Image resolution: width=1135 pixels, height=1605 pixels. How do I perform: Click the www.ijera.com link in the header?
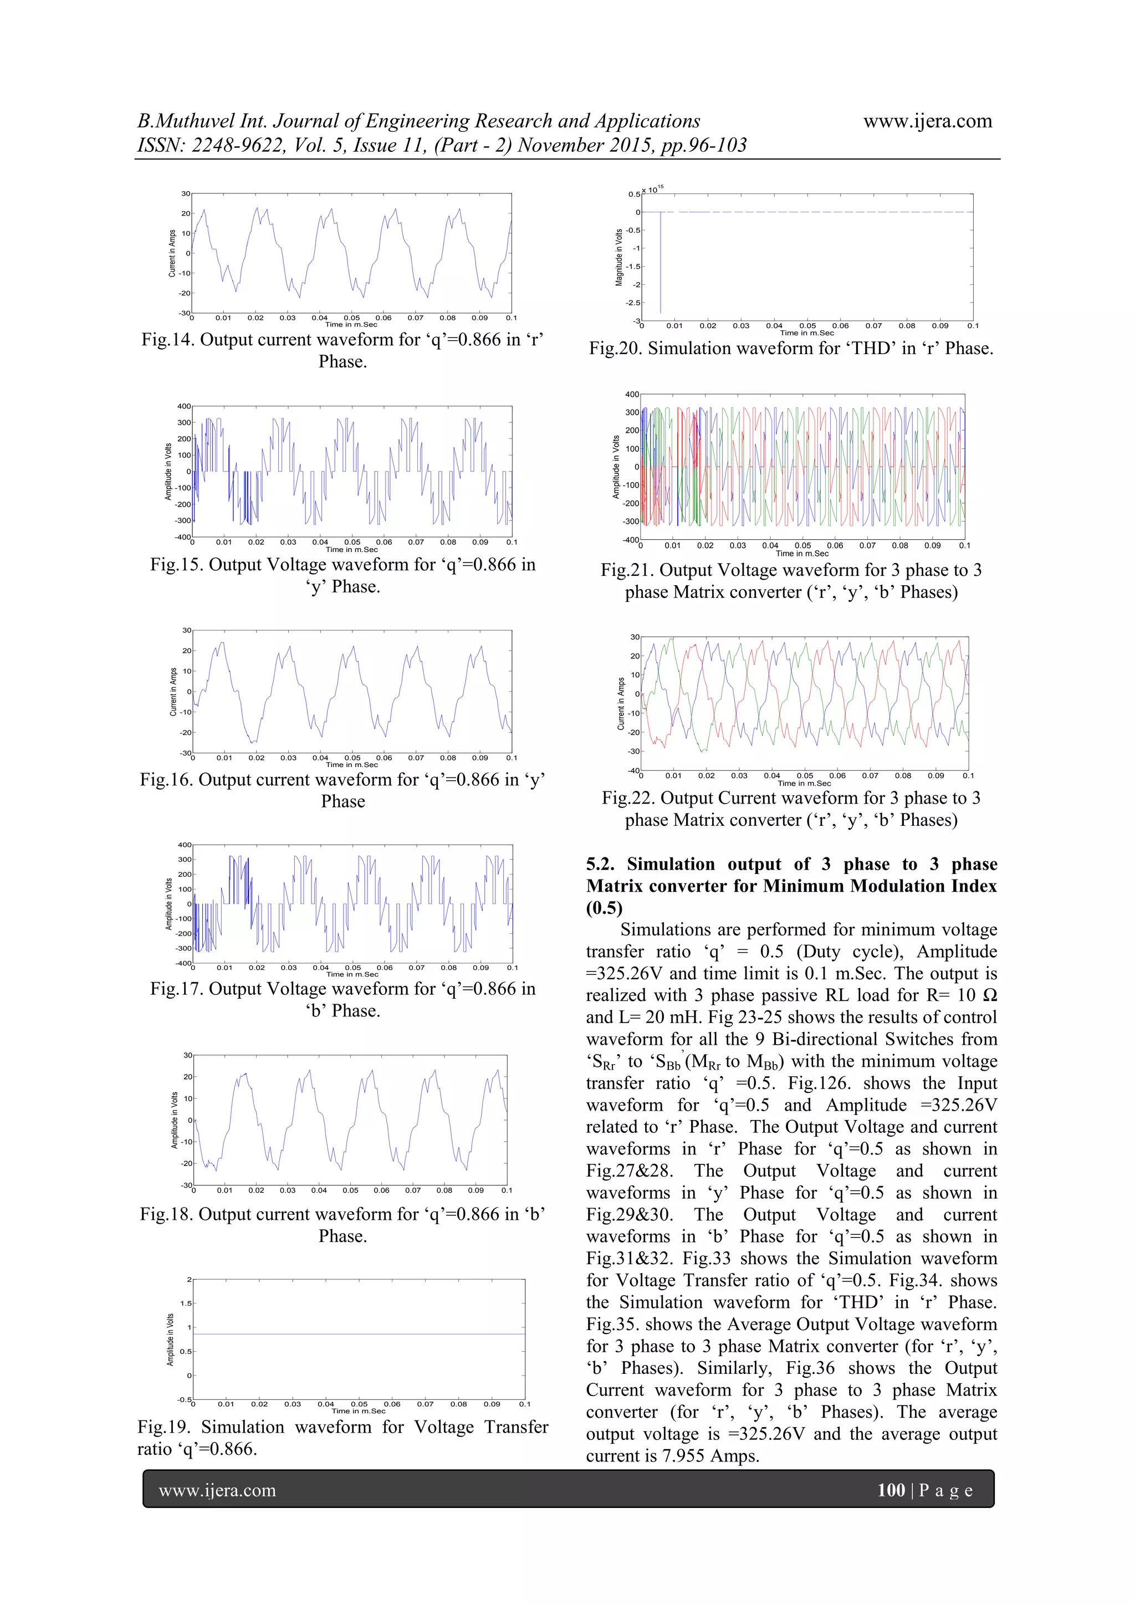click(927, 121)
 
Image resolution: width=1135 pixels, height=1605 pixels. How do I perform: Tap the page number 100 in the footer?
click(891, 1490)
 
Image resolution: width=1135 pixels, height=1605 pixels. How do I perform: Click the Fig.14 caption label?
click(168, 340)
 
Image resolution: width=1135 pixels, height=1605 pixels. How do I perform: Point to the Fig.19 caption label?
click(163, 1427)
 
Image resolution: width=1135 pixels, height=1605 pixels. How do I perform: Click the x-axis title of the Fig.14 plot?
click(351, 324)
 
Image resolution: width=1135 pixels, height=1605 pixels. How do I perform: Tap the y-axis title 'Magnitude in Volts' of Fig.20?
click(619, 257)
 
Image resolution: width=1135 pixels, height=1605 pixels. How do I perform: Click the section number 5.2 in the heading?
click(601, 865)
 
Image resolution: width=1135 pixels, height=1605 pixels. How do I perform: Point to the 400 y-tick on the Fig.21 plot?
click(631, 394)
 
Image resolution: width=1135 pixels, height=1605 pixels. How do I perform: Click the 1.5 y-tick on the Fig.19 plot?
click(185, 1303)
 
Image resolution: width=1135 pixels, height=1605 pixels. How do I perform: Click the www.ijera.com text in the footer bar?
click(217, 1490)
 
